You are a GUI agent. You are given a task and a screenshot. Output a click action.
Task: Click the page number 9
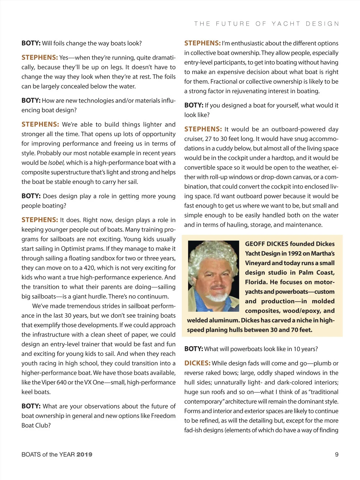pyautogui.click(x=337, y=454)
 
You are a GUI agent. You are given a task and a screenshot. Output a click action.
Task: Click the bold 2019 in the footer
pyautogui.click(x=84, y=454)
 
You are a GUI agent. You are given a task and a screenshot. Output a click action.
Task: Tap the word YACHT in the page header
pyautogui.click(x=286, y=24)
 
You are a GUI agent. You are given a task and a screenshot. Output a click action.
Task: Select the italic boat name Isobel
pyautogui.click(x=56, y=163)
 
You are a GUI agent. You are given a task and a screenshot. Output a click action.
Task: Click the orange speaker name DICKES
pyautogui.click(x=197, y=363)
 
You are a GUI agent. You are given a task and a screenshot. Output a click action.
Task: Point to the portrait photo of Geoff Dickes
pyautogui.click(x=214, y=276)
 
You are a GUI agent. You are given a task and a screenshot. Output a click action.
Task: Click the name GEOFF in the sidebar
pyautogui.click(x=255, y=244)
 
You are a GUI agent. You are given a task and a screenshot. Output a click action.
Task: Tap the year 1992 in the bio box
pyautogui.click(x=294, y=253)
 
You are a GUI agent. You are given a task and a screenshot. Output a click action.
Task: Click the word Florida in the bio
pyautogui.click(x=256, y=282)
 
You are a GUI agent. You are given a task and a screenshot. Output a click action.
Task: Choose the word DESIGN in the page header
pyautogui.click(x=322, y=24)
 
